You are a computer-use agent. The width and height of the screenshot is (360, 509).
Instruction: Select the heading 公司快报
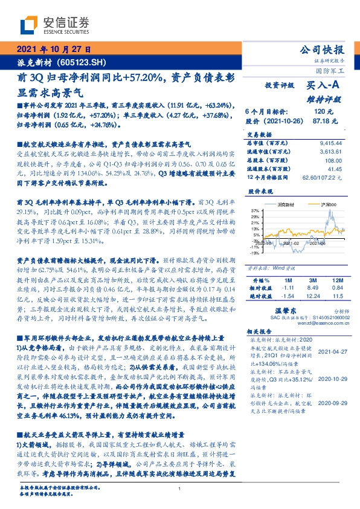322,50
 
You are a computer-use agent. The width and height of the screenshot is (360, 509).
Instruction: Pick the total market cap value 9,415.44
329,143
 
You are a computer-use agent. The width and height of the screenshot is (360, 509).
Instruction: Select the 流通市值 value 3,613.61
329,152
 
